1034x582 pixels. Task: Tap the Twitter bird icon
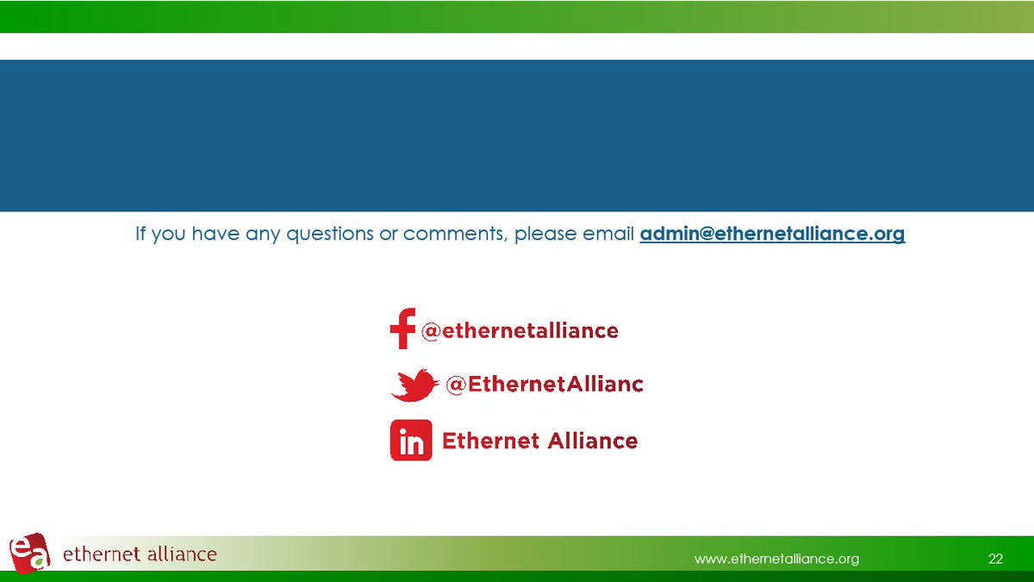click(413, 385)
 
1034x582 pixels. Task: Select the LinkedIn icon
click(411, 441)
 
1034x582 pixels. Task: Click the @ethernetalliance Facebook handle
click(519, 330)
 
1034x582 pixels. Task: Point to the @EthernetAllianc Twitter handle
click(544, 385)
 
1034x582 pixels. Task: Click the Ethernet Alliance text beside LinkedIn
click(539, 441)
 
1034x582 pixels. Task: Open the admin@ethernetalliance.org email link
click(772, 234)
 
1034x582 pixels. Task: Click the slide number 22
click(995, 559)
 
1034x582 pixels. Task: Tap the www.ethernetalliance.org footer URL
click(776, 559)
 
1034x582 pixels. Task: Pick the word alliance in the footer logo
click(179, 554)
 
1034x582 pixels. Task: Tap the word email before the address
click(608, 234)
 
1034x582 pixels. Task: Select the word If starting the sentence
click(141, 234)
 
